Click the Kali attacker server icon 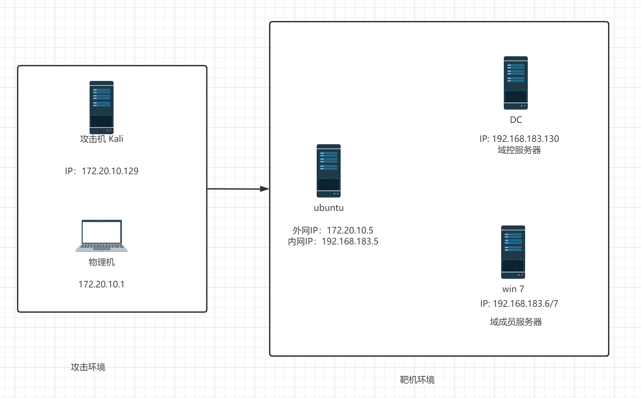tap(102, 107)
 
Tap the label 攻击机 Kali tap(102, 139)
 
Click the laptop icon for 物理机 tap(102, 235)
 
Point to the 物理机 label tap(102, 262)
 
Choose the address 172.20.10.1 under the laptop tap(102, 284)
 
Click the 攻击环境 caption tap(88, 367)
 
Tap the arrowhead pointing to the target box tap(265, 189)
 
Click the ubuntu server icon tap(329, 171)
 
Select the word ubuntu tap(329, 208)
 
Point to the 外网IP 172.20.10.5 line tap(333, 230)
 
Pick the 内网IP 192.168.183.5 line tap(333, 241)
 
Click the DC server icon tap(516, 83)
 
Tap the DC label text tap(516, 120)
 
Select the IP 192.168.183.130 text tap(519, 139)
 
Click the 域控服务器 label tap(519, 150)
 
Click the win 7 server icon tap(513, 252)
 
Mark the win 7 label tap(513, 289)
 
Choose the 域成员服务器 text tap(516, 322)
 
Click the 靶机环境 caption tap(417, 380)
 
